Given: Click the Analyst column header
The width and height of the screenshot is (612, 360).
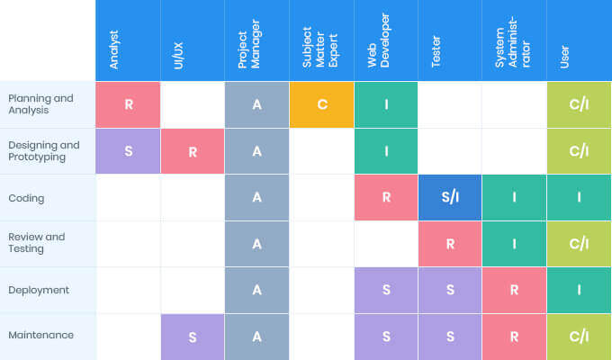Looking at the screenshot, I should [x=128, y=40].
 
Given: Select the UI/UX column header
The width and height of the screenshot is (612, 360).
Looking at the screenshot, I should [x=192, y=40].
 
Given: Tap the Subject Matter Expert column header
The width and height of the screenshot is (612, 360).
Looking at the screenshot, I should [x=321, y=40].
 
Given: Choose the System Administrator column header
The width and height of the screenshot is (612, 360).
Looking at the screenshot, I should [x=514, y=40].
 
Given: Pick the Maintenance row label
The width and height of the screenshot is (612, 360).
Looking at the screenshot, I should [x=40, y=336].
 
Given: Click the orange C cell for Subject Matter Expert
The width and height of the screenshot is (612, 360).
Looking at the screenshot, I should [x=321, y=104].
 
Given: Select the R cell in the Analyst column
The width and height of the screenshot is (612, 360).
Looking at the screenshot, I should [x=128, y=104].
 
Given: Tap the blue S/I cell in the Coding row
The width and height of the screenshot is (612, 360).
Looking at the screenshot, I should [x=450, y=197].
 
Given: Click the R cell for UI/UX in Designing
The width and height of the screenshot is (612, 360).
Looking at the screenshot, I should [x=192, y=151].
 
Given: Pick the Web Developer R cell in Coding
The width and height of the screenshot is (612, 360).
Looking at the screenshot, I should [x=386, y=197].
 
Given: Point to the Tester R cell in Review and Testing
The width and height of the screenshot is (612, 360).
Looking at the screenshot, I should [x=450, y=244].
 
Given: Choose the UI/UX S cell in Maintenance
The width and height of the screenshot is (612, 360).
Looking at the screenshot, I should [x=192, y=337].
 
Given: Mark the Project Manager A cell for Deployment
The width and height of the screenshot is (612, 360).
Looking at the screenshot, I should [x=256, y=290].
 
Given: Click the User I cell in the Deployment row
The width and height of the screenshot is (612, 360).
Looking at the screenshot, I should [x=579, y=290].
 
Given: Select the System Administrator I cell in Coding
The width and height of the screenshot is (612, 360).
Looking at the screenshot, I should [x=514, y=197].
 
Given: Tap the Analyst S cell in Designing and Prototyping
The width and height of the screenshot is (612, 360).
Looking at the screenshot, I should [x=128, y=151].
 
